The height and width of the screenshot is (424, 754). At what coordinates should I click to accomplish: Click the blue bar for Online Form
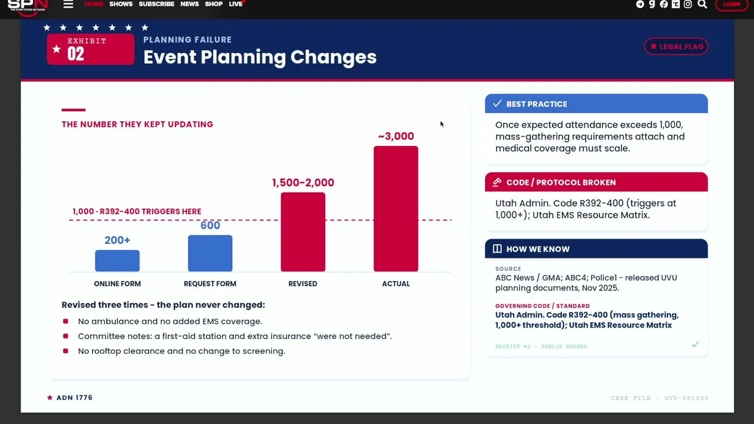(117, 260)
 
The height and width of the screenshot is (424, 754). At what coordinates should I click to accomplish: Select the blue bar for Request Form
(210, 253)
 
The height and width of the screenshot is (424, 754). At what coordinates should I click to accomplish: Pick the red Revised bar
(303, 232)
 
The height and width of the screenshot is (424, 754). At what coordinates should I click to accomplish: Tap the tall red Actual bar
(396, 208)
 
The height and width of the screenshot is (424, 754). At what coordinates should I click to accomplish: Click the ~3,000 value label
(396, 136)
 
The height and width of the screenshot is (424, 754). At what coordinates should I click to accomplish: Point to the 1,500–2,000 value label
(303, 183)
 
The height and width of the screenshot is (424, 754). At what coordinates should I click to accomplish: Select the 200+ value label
(117, 240)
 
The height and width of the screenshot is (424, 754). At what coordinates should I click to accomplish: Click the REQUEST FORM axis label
(210, 284)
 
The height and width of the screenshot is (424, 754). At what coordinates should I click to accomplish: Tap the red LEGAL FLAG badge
(676, 47)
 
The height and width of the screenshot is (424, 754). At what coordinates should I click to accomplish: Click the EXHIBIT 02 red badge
(91, 49)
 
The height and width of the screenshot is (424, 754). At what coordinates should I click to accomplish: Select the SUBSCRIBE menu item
(157, 4)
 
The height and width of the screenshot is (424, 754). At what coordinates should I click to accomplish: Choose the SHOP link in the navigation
(214, 4)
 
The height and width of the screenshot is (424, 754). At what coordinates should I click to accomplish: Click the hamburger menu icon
(68, 4)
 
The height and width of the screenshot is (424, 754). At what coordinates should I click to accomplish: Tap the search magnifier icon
(702, 4)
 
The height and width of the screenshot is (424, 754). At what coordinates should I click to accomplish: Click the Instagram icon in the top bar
(687, 4)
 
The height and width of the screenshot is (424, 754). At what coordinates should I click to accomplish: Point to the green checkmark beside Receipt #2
(695, 344)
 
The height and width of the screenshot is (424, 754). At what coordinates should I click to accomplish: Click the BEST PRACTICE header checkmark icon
(497, 104)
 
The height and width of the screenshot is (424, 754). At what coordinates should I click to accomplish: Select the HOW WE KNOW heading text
(538, 249)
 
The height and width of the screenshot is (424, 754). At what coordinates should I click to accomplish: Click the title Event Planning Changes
(260, 57)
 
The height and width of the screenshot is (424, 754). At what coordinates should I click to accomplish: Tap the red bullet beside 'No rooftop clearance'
(65, 351)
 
